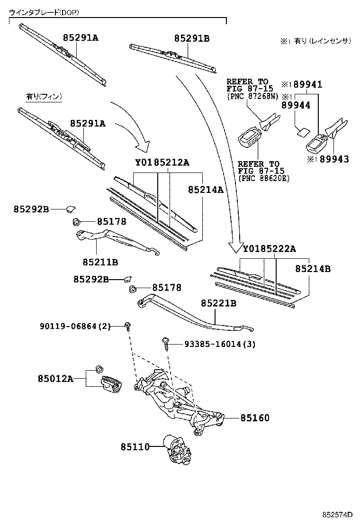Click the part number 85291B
point(191,38)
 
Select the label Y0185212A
point(162,163)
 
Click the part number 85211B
point(100,262)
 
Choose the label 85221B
point(218,303)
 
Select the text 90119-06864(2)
point(75,326)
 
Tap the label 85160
point(254,418)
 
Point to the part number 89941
point(307,84)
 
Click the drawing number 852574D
point(338,514)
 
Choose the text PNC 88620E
point(264,178)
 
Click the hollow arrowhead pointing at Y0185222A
point(235,247)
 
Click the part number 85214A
point(205,190)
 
